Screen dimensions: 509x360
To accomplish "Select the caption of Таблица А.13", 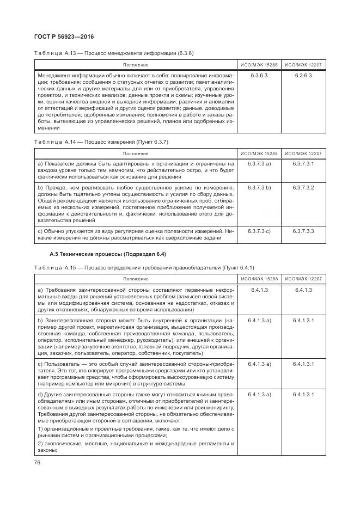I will tap(114, 53).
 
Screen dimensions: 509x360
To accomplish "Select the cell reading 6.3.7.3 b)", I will tap(260, 187).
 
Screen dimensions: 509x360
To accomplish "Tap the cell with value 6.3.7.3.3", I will tap(303, 231).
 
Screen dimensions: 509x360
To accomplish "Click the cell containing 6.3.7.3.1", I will tap(303, 163).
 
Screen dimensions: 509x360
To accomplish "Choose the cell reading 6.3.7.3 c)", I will tap(260, 231).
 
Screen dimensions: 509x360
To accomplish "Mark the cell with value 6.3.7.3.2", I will tap(303, 187).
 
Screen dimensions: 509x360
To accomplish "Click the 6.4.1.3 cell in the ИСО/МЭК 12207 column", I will tap(303, 290).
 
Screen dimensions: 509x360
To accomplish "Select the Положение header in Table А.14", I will tap(136, 154).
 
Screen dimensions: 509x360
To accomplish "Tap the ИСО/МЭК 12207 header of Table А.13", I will tap(303, 65).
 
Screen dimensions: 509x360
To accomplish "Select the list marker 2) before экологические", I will tap(40, 444).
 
